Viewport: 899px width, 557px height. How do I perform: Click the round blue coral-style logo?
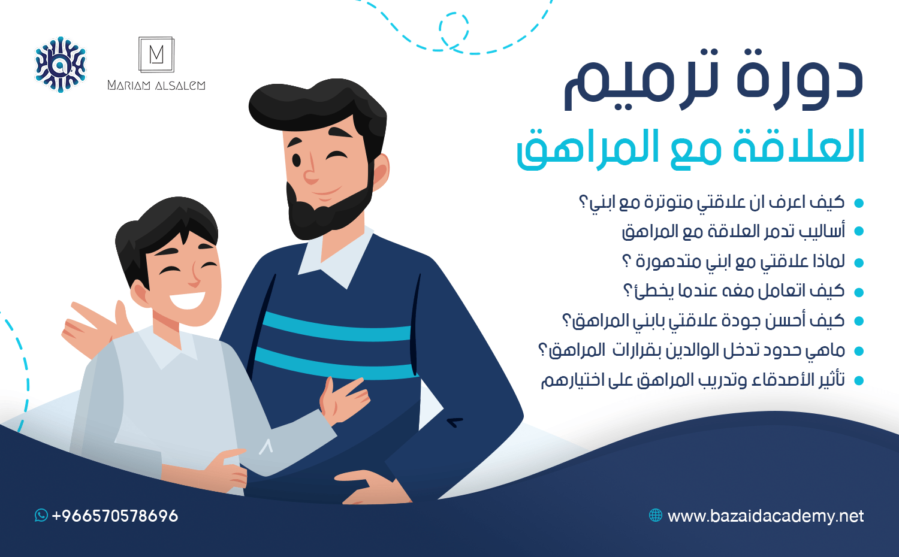pos(61,64)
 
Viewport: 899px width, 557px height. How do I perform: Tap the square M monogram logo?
pos(156,55)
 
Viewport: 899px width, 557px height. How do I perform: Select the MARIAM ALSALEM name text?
pos(156,85)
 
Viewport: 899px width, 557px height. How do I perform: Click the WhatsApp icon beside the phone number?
pos(41,515)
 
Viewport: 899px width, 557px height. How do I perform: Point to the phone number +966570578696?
pos(115,516)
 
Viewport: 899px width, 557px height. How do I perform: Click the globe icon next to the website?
pos(656,515)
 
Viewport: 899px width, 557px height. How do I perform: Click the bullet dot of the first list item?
pos(858,203)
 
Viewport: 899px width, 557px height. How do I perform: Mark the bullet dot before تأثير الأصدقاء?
pos(858,380)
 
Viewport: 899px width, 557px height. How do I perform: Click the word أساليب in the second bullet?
pos(823,231)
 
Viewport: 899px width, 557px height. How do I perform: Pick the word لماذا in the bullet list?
pos(829,262)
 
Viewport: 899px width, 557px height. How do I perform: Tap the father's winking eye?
pos(336,156)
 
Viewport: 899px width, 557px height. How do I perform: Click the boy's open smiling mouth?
pos(187,300)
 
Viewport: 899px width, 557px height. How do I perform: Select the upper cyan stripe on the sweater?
pos(336,327)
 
